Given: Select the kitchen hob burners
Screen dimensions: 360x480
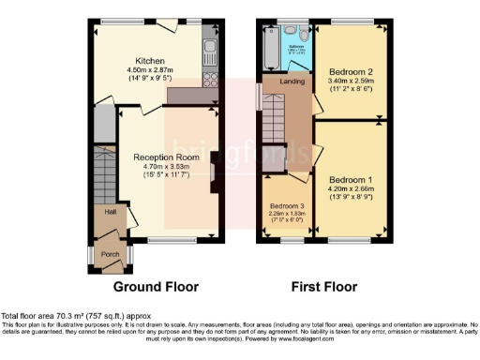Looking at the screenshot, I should coord(211,80).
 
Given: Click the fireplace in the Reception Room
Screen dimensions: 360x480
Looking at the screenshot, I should coord(214,172).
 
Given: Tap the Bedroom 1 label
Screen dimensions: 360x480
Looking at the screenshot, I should coord(352,178).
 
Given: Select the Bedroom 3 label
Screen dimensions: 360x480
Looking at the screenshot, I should coord(288,205).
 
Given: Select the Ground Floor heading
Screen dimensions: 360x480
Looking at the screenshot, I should coord(156,285).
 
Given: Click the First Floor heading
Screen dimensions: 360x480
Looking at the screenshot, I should coord(324,285).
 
